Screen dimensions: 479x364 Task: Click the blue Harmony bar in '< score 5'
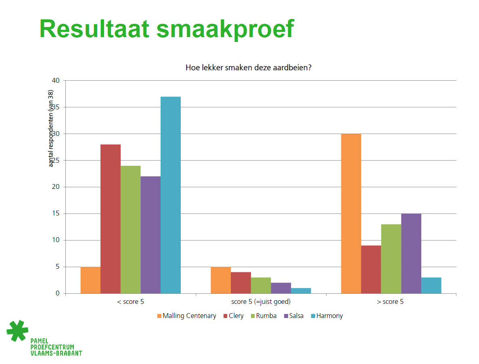tap(170, 195)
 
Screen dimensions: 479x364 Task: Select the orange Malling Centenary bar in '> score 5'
tap(351, 214)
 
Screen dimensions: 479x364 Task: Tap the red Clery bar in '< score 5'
tap(111, 219)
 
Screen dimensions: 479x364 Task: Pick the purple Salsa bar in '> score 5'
tap(411, 253)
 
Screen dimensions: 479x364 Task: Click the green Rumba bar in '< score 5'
tap(130, 230)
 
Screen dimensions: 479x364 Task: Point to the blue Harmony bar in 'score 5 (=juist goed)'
tap(301, 291)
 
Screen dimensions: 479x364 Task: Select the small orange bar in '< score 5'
tap(90, 280)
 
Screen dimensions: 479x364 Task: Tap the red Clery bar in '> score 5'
tap(371, 269)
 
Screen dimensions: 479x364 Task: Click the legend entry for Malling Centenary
tap(187, 316)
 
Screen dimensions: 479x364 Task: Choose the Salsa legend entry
tap(294, 316)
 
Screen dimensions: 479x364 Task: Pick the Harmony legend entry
tap(327, 316)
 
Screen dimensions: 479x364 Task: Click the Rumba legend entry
tap(264, 316)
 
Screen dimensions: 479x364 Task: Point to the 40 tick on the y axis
tap(56, 81)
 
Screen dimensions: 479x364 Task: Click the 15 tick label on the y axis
tap(56, 213)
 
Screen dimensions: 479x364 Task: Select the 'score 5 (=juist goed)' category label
tap(261, 302)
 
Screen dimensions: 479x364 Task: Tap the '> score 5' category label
tap(390, 302)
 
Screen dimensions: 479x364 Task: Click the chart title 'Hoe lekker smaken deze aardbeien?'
tap(249, 67)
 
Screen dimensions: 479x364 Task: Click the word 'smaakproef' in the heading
tap(225, 29)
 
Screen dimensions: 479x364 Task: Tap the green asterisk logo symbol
tap(17, 331)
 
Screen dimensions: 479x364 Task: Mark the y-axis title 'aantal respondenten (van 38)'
tap(51, 128)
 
